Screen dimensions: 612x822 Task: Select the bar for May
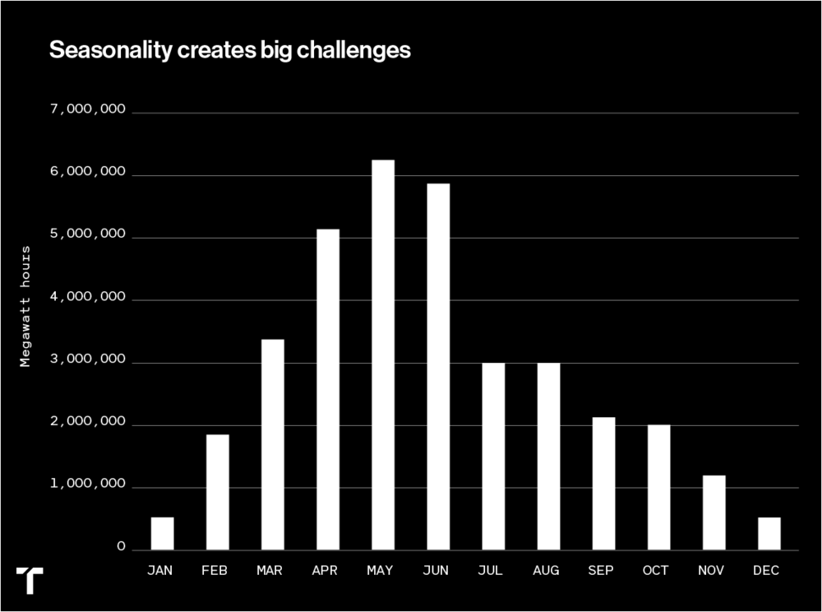[x=383, y=355]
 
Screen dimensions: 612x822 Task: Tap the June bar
[x=438, y=366]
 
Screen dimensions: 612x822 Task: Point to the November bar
[x=713, y=512]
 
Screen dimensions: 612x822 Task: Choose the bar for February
[x=218, y=492]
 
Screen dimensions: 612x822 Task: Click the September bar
[x=603, y=484]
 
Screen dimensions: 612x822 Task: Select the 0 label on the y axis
[x=121, y=548]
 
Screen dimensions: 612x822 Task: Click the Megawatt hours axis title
[x=25, y=305]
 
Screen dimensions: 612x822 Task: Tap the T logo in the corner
[x=30, y=579]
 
